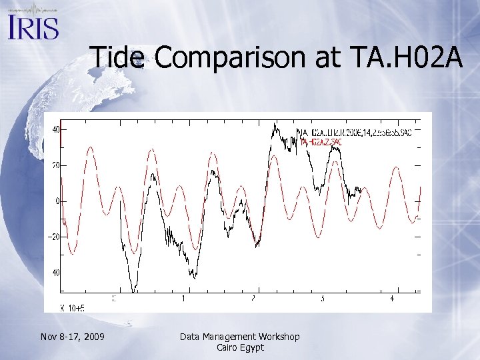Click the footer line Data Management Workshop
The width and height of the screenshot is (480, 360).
(240, 337)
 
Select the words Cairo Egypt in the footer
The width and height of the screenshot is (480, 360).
(240, 347)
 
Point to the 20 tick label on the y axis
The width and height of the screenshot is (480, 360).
(55, 165)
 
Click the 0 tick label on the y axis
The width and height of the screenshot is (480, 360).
(57, 201)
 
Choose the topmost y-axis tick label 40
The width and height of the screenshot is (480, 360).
(55, 129)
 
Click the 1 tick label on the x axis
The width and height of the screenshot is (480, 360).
(183, 299)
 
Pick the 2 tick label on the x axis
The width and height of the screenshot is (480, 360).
(253, 299)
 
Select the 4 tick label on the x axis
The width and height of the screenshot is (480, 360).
(392, 299)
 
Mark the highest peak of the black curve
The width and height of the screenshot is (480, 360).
(275, 125)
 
